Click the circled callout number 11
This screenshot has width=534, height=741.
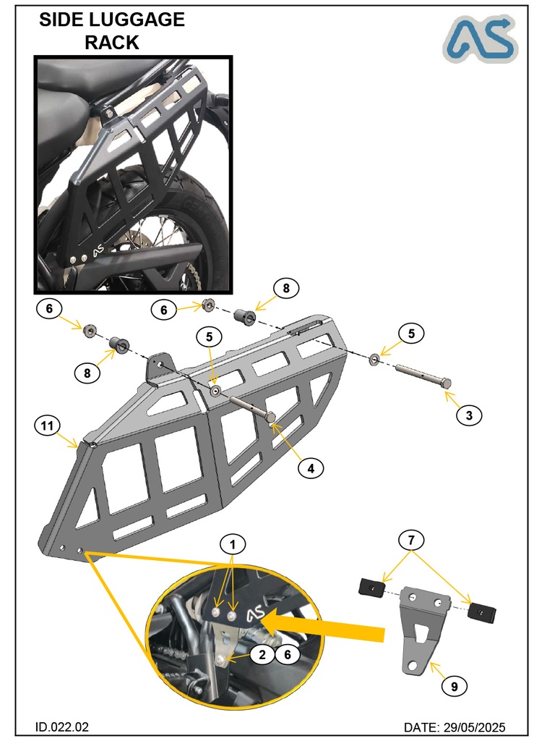[48, 427]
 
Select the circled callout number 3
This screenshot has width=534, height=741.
[469, 415]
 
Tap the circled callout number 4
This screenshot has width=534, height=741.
[310, 467]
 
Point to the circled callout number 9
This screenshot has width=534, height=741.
[454, 686]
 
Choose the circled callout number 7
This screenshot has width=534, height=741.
[412, 540]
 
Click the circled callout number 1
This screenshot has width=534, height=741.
[232, 542]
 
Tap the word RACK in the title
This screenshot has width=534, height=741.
[112, 43]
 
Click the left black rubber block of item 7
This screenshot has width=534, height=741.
[370, 588]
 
